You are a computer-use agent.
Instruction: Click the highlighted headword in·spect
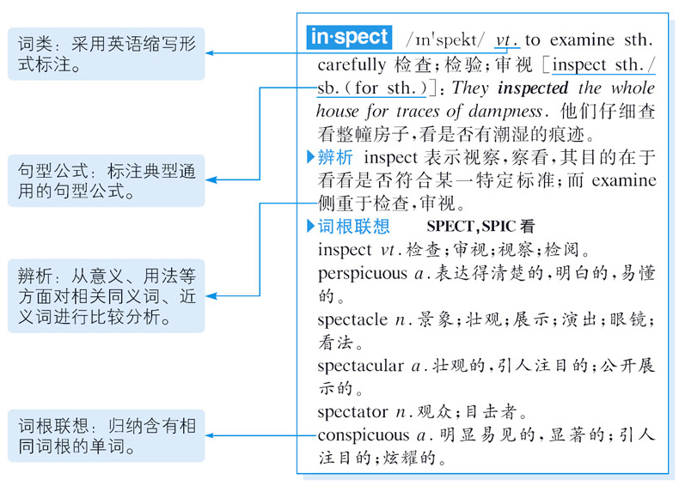(349, 38)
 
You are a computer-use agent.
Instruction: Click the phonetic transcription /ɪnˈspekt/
(445, 39)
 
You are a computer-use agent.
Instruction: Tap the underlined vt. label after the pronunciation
(508, 39)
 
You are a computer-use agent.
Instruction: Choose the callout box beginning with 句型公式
(107, 180)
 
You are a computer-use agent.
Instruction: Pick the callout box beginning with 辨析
(107, 296)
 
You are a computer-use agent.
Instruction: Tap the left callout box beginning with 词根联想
(107, 435)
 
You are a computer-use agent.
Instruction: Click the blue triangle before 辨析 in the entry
(311, 157)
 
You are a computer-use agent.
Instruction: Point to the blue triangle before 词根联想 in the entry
(311, 227)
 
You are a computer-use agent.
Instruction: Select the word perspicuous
(362, 274)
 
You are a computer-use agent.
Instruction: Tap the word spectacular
(360, 366)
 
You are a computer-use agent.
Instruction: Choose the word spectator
(353, 412)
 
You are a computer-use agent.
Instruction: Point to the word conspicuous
(364, 435)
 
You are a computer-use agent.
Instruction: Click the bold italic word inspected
(533, 88)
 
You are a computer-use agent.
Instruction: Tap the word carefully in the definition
(352, 64)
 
